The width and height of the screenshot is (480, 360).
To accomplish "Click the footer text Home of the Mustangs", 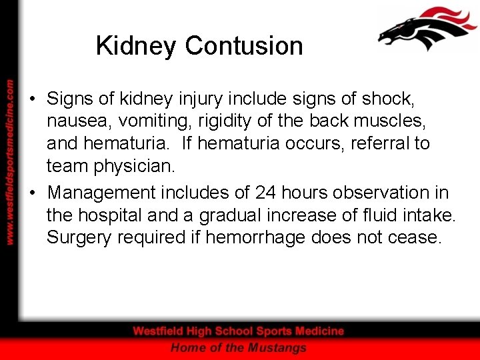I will pos(239,347).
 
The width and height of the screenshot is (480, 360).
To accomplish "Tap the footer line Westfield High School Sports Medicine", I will pos(239,331).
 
